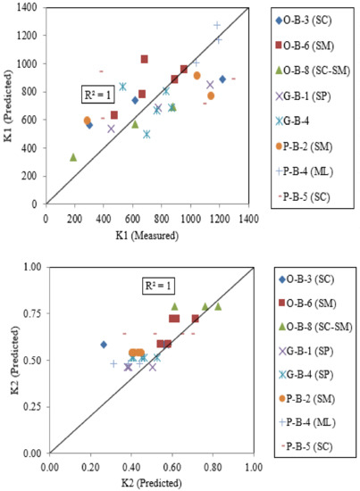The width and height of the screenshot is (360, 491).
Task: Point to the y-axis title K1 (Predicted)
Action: pos(11,103)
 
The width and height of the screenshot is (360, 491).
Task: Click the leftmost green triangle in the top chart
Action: pos(73,157)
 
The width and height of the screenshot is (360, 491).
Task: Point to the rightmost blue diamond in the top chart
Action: pos(222,79)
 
